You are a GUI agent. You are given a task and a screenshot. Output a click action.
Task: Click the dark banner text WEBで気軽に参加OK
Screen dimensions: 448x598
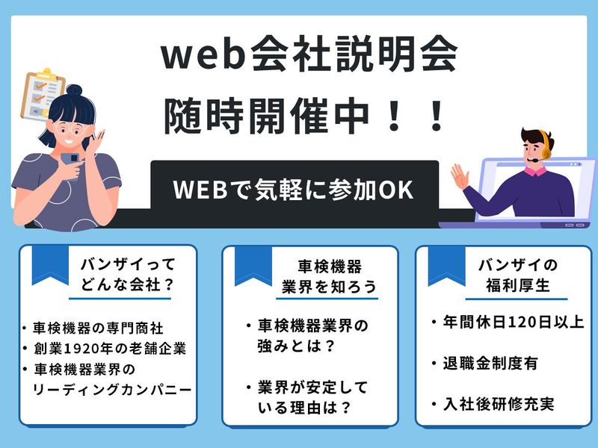click(293, 189)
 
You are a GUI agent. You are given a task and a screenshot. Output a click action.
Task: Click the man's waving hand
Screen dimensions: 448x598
click(459, 177)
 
